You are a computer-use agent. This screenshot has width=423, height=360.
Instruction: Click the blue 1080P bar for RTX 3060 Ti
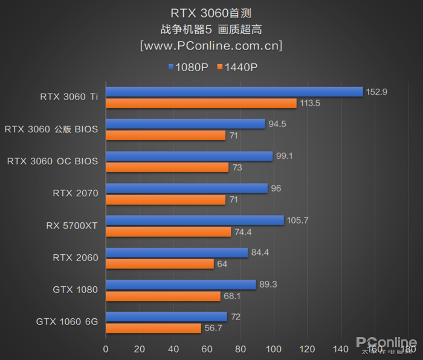pyautogui.click(x=234, y=92)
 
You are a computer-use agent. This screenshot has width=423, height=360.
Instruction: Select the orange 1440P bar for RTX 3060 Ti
pyautogui.click(x=201, y=103)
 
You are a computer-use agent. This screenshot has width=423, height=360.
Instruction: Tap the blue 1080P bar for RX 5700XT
pyautogui.click(x=195, y=220)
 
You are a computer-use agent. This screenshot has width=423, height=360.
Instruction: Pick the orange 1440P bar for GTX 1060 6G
pyautogui.click(x=153, y=328)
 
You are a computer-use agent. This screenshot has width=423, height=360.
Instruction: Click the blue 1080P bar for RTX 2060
pyautogui.click(x=176, y=252)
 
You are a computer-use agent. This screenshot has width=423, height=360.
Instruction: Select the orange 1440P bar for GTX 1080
pyautogui.click(x=163, y=296)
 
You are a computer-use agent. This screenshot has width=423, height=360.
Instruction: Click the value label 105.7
pyautogui.click(x=298, y=220)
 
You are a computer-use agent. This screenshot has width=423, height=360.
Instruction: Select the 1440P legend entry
pyautogui.click(x=237, y=67)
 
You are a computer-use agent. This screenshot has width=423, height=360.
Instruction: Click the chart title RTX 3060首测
pyautogui.click(x=211, y=13)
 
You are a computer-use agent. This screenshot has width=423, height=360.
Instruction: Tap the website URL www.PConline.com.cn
pyautogui.click(x=211, y=45)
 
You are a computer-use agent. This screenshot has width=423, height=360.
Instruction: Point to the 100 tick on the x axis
pyautogui.click(x=274, y=349)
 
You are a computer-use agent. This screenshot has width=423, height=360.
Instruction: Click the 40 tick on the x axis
pyautogui.click(x=173, y=349)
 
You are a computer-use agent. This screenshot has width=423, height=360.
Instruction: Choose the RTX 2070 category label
pyautogui.click(x=76, y=193)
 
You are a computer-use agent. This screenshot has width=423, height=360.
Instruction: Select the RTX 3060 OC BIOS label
pyautogui.click(x=53, y=161)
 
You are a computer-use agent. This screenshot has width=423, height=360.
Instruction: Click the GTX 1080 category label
pyautogui.click(x=75, y=289)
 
